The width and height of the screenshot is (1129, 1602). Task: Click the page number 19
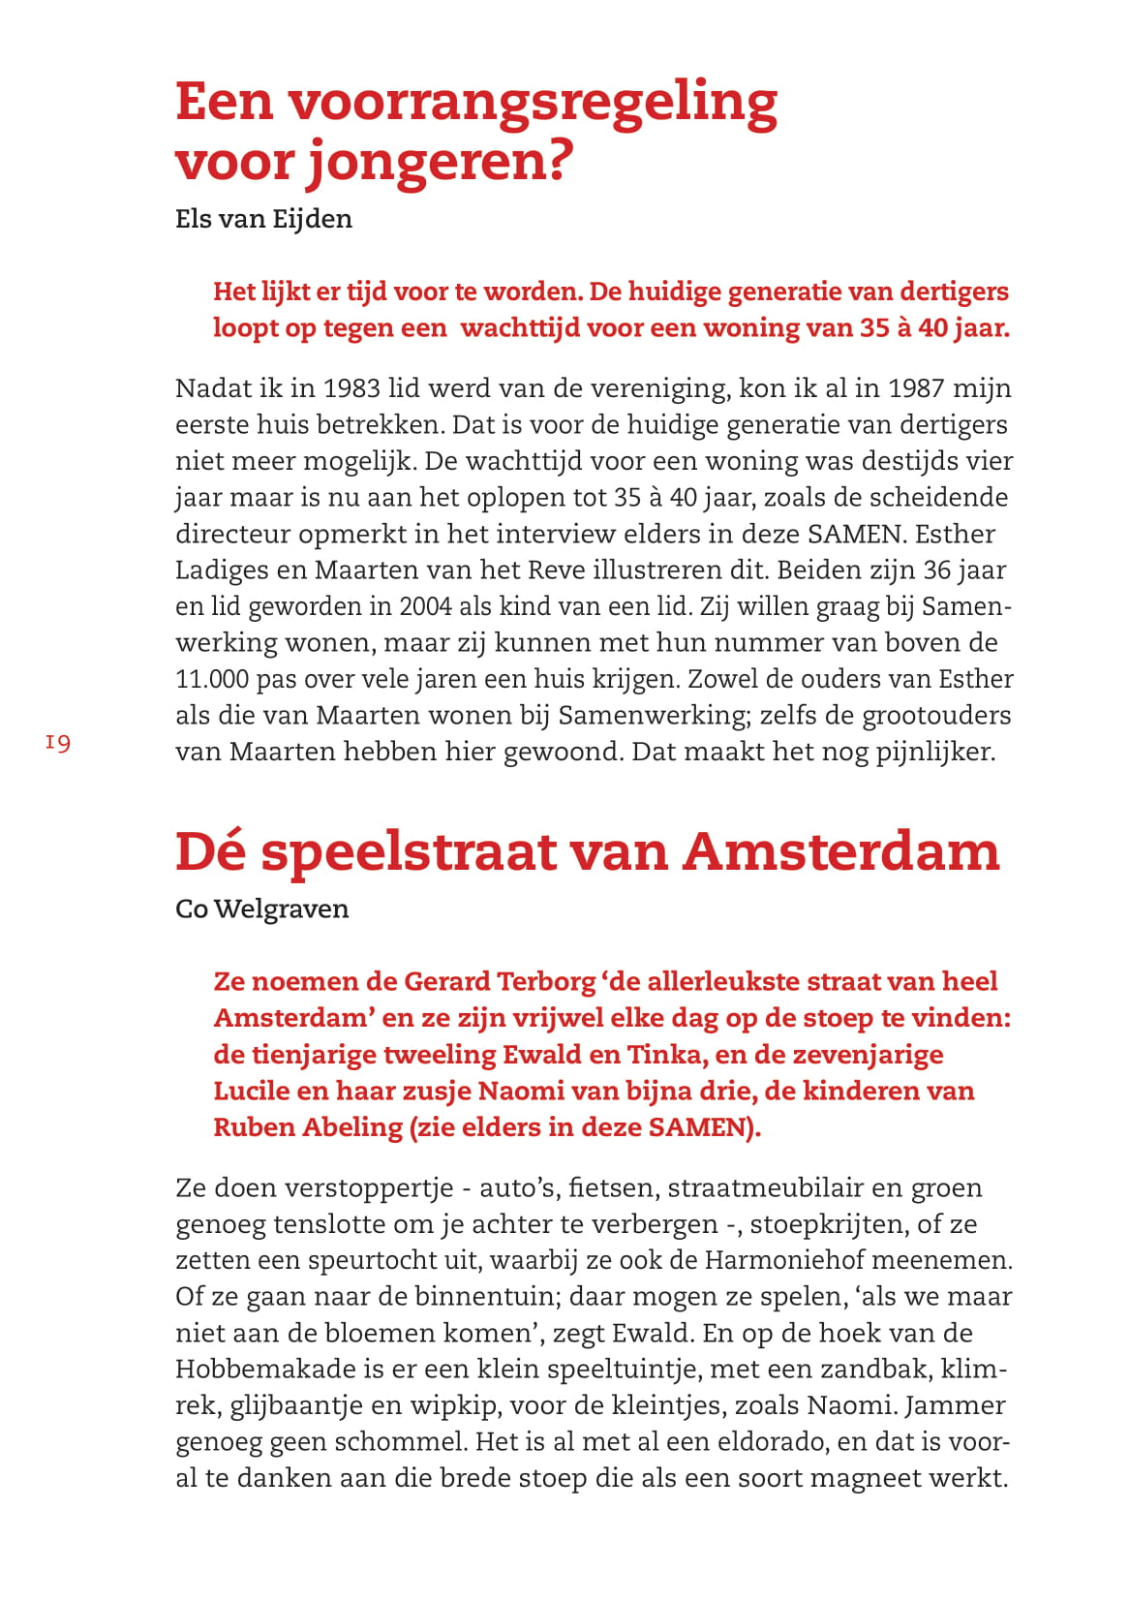58,743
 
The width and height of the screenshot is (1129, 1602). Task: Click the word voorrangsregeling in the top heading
532,102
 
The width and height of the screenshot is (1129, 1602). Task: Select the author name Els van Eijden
263,219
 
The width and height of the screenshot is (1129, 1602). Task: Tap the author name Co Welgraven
261,909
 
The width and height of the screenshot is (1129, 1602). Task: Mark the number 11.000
211,679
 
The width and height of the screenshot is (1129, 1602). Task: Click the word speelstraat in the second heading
409,851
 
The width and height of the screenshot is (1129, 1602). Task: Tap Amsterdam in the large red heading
840,851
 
